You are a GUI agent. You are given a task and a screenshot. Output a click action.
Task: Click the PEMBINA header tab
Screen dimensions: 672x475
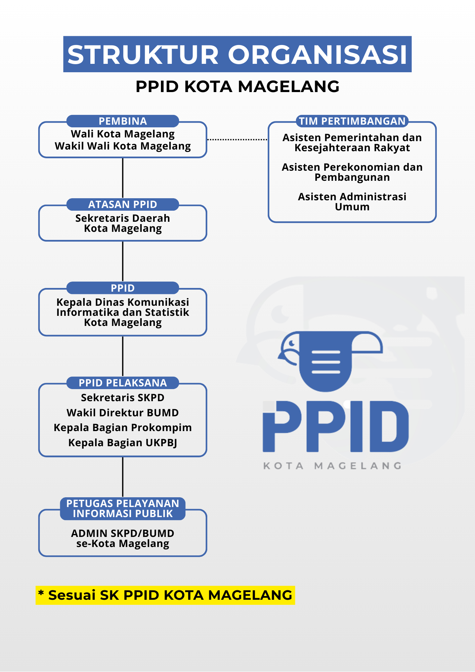(123, 121)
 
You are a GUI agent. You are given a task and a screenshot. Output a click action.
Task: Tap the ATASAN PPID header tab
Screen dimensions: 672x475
(123, 204)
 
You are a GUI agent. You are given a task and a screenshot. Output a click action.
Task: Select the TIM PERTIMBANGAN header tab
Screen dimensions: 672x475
(352, 121)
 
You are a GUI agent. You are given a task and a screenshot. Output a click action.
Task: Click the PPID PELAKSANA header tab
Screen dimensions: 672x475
(123, 383)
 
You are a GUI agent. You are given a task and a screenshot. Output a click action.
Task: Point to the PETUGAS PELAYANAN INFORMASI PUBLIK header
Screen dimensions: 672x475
(123, 508)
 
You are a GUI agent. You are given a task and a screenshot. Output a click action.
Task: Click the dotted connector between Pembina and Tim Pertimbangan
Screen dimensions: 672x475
(237, 139)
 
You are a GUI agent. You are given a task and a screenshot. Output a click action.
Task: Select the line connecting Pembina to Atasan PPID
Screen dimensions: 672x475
(123, 178)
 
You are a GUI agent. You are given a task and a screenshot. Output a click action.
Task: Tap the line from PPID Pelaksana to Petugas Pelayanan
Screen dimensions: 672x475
(123, 477)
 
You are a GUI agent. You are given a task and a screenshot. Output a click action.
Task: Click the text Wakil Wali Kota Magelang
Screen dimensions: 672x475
(123, 146)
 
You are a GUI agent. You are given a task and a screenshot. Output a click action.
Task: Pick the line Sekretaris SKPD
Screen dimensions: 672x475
(123, 397)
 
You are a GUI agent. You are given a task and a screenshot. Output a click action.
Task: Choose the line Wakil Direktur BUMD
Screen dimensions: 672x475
(123, 413)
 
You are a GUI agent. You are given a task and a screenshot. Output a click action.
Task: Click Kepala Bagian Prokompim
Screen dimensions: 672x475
(123, 427)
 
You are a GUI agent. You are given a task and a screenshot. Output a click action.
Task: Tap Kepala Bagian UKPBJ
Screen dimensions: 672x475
(123, 443)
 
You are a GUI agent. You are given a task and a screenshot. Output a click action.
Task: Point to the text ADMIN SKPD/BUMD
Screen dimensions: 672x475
(123, 533)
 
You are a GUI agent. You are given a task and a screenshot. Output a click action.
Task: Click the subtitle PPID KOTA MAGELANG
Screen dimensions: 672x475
(237, 86)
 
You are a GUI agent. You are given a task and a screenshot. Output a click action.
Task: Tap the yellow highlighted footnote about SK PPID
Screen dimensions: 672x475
(165, 595)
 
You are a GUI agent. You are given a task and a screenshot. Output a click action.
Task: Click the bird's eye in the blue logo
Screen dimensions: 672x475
(292, 343)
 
